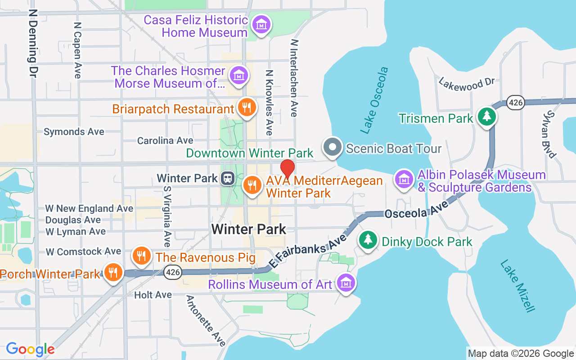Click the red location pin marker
pos(288,169)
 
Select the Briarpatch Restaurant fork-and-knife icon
pos(246,108)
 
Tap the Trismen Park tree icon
pos(486,117)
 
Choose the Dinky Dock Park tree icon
pos(368,240)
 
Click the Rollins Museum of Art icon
pos(346,283)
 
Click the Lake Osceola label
pos(374,100)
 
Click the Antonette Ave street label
pos(206,320)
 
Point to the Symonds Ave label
pos(74,132)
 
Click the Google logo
pos(30,349)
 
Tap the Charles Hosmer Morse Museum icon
pos(239,75)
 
